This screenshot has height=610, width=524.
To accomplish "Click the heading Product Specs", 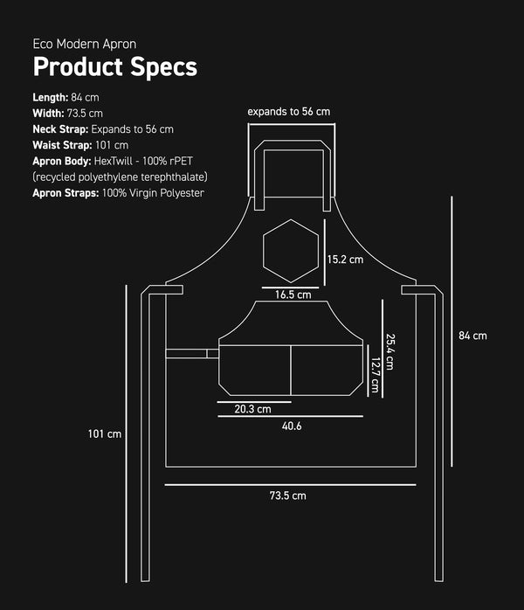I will point(114,67).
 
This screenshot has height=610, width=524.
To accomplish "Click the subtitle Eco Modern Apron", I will point(84,43).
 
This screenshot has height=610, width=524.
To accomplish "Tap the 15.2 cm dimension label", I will point(345,260).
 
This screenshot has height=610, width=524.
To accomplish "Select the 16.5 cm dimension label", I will point(293,295).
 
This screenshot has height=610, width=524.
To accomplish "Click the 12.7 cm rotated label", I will point(375,374).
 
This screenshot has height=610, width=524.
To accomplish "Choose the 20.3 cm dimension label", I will point(252,408).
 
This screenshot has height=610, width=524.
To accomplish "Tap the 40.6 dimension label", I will point(292,426).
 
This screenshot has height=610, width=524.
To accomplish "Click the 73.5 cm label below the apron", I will point(287,496).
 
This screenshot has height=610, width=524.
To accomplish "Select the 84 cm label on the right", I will point(472,335).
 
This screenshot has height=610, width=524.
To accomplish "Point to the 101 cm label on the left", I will point(105,433).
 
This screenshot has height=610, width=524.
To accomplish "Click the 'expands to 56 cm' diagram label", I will point(289,112).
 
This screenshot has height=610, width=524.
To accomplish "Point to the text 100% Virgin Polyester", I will point(153,192).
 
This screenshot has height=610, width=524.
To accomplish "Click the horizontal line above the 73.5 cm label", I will point(288,483).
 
